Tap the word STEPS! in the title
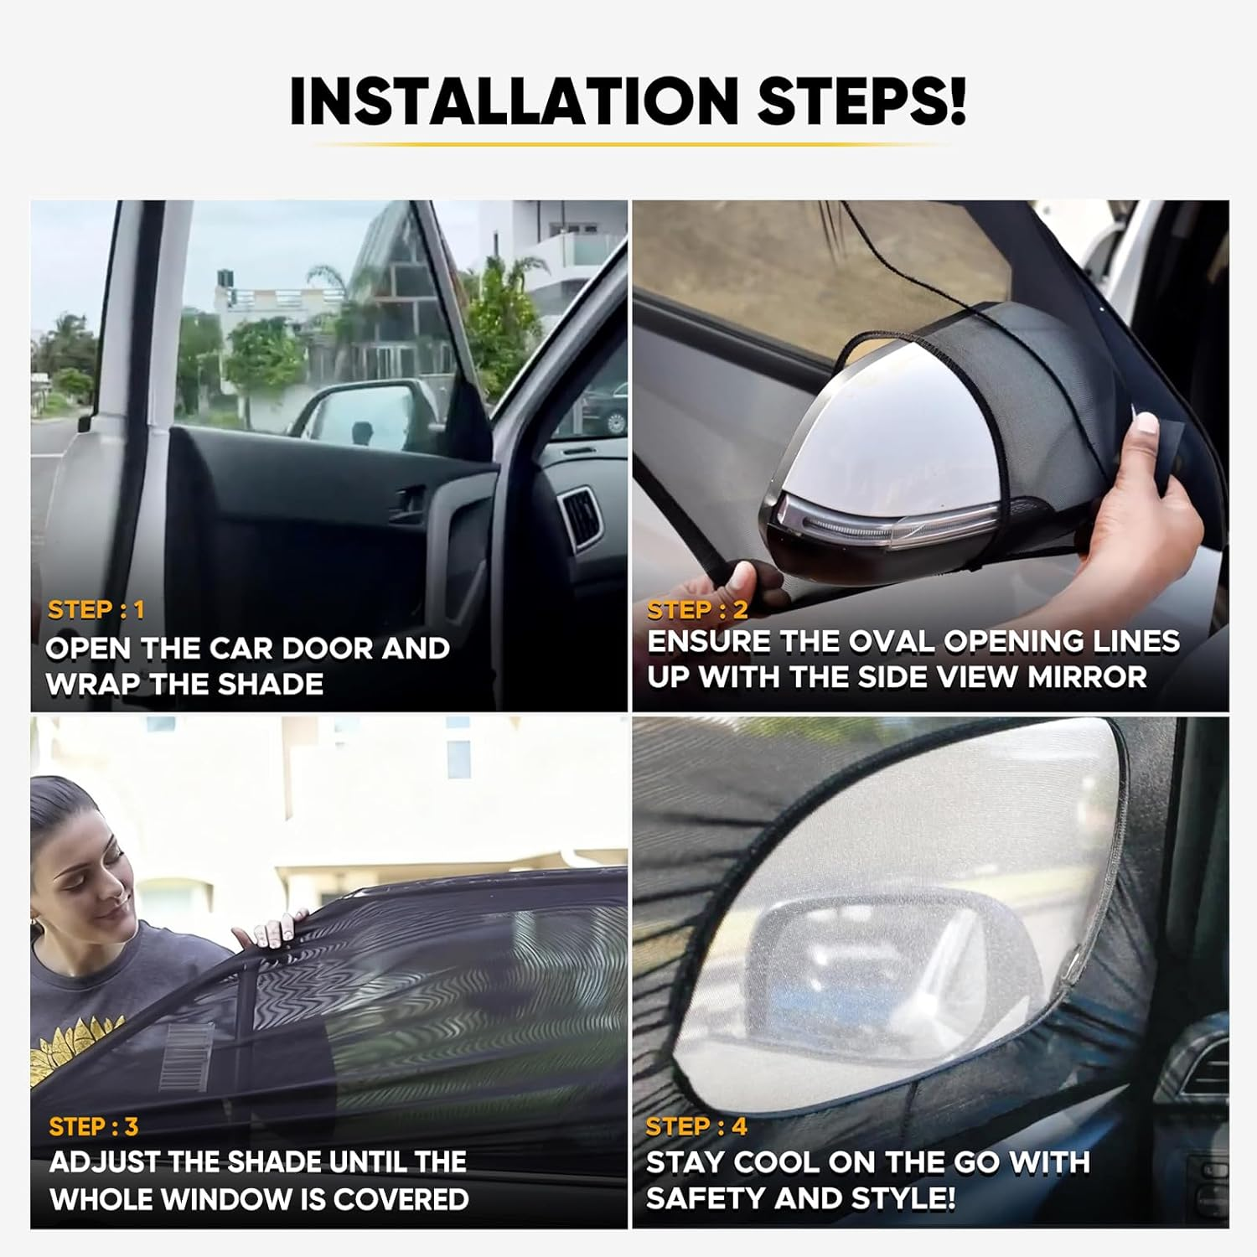point(862,101)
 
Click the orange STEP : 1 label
point(96,609)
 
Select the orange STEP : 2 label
point(696,609)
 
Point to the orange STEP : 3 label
point(93,1126)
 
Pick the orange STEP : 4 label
point(696,1126)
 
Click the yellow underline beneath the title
point(628,144)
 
